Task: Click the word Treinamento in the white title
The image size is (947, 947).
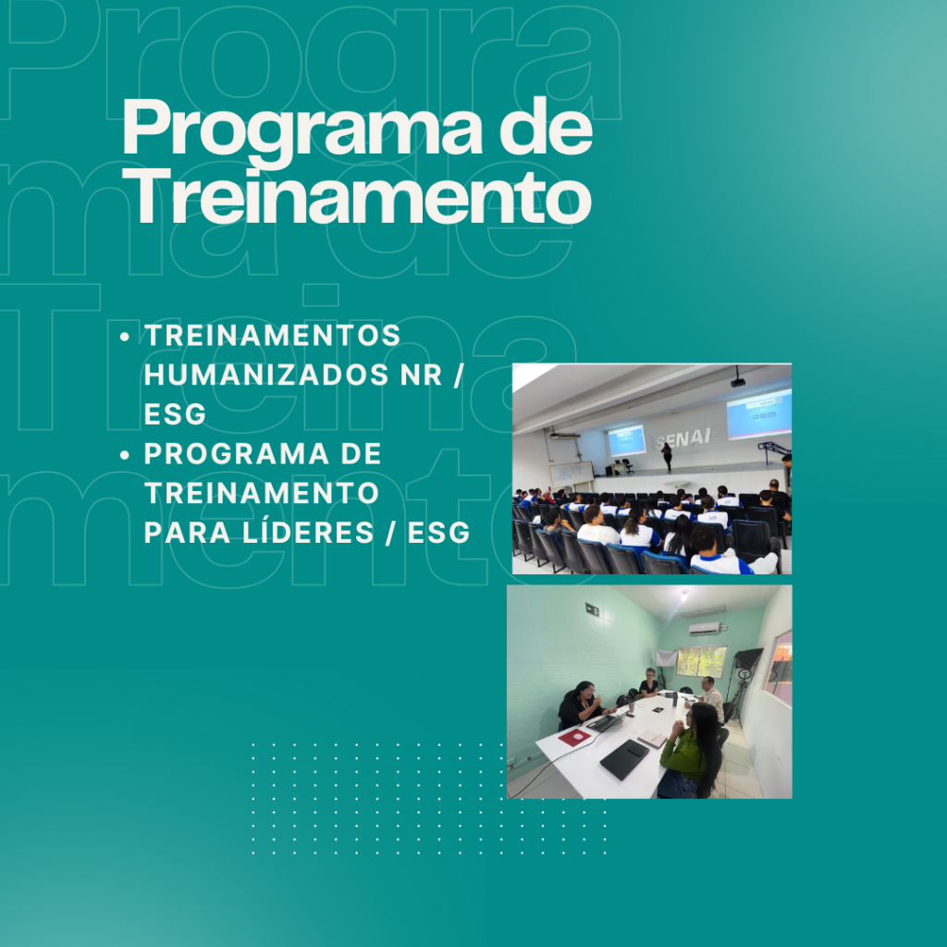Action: click(357, 197)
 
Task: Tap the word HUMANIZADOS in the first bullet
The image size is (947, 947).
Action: click(266, 375)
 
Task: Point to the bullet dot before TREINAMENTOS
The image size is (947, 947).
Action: click(125, 337)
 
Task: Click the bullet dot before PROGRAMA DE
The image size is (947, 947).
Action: click(125, 455)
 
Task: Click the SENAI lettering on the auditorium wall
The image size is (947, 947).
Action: click(684, 438)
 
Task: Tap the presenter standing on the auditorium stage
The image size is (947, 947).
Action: click(666, 457)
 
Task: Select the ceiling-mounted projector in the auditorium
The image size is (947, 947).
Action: click(737, 381)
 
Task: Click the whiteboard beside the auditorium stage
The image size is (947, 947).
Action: click(571, 473)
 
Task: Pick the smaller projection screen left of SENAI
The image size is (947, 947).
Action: click(626, 440)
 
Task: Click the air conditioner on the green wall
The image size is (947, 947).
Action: click(705, 628)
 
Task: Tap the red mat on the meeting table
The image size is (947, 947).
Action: click(573, 736)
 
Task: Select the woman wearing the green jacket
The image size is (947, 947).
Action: click(690, 749)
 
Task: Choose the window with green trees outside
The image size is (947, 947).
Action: click(701, 661)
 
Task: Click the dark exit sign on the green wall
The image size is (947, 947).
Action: click(592, 610)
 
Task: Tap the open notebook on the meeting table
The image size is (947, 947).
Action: click(652, 737)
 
